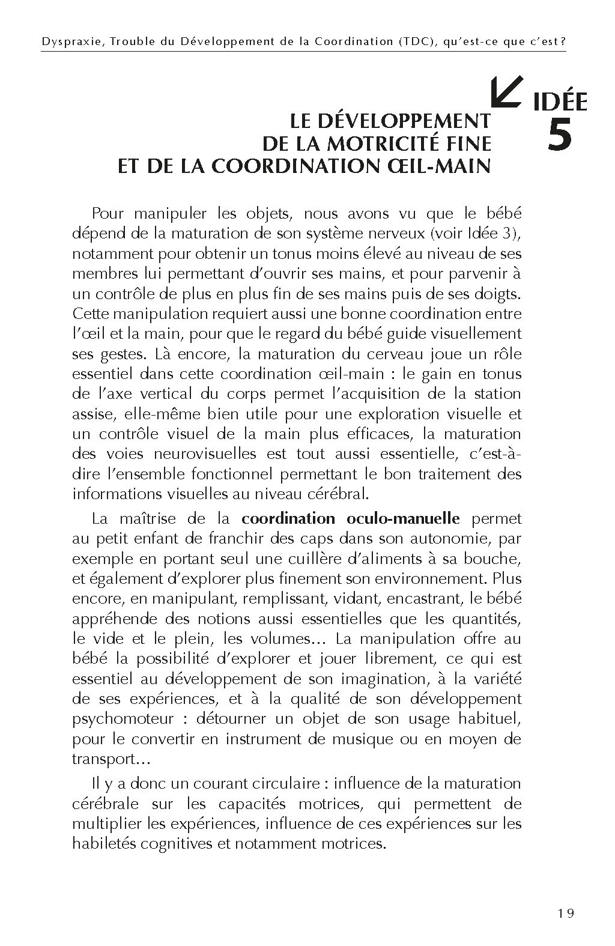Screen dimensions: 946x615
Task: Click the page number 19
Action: (x=565, y=914)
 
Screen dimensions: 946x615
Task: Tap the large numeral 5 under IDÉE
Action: (x=560, y=136)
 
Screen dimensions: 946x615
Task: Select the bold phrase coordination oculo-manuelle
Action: (x=351, y=518)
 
